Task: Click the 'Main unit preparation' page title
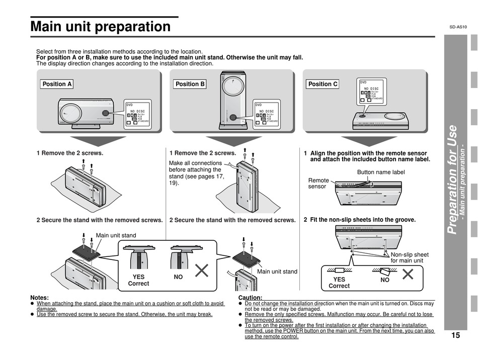[x=101, y=27]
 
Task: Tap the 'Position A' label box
[x=57, y=84]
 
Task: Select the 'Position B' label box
[x=190, y=84]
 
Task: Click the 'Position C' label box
[x=323, y=84]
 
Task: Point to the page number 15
[x=455, y=335]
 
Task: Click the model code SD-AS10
[x=458, y=27]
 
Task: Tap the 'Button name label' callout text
[x=380, y=172]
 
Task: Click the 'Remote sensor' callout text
[x=318, y=184]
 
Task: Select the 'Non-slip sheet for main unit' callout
[x=410, y=257]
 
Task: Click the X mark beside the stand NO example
[x=201, y=271]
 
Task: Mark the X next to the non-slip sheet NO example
[x=408, y=275]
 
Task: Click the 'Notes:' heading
[x=40, y=298]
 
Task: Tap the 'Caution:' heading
[x=250, y=298]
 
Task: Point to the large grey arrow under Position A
[x=98, y=140]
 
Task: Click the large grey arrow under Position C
[x=362, y=140]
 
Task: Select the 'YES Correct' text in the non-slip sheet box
[x=339, y=283]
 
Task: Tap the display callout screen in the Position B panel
[x=266, y=114]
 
